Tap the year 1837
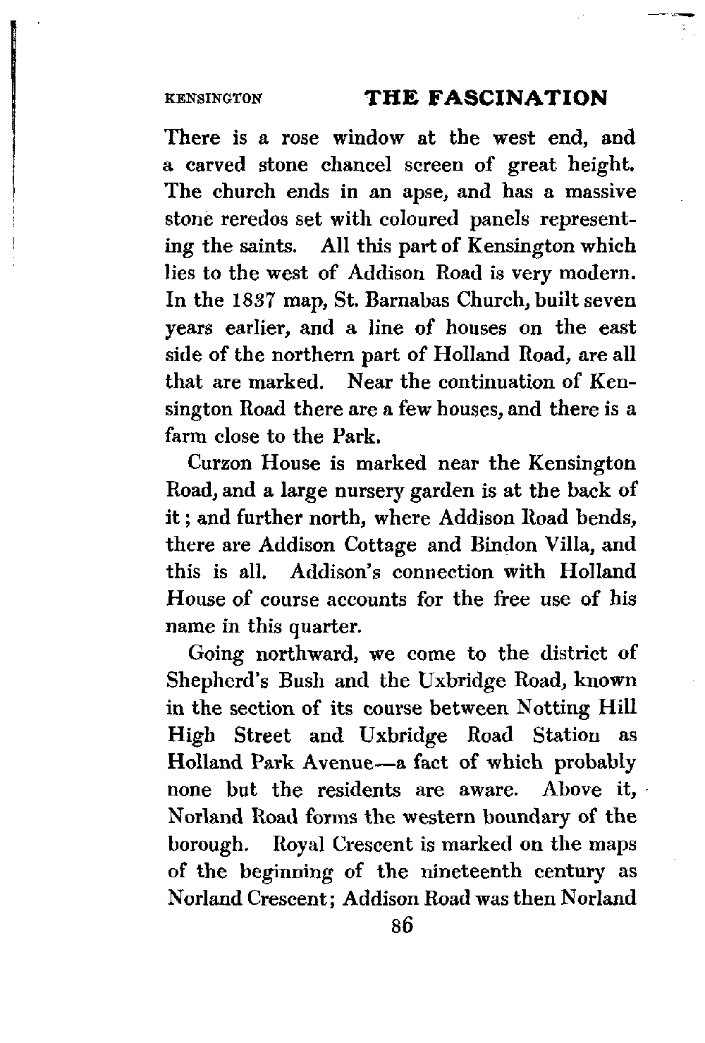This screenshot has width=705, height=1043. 254,301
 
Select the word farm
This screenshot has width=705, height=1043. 185,437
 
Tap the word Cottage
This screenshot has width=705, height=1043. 384,545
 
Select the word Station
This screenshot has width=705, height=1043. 566,736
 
